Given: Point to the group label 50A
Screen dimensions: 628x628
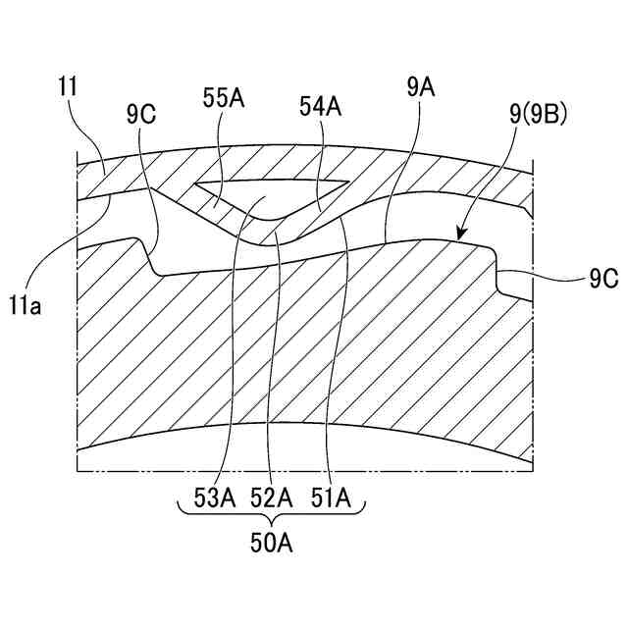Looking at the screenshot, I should point(272,542).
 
